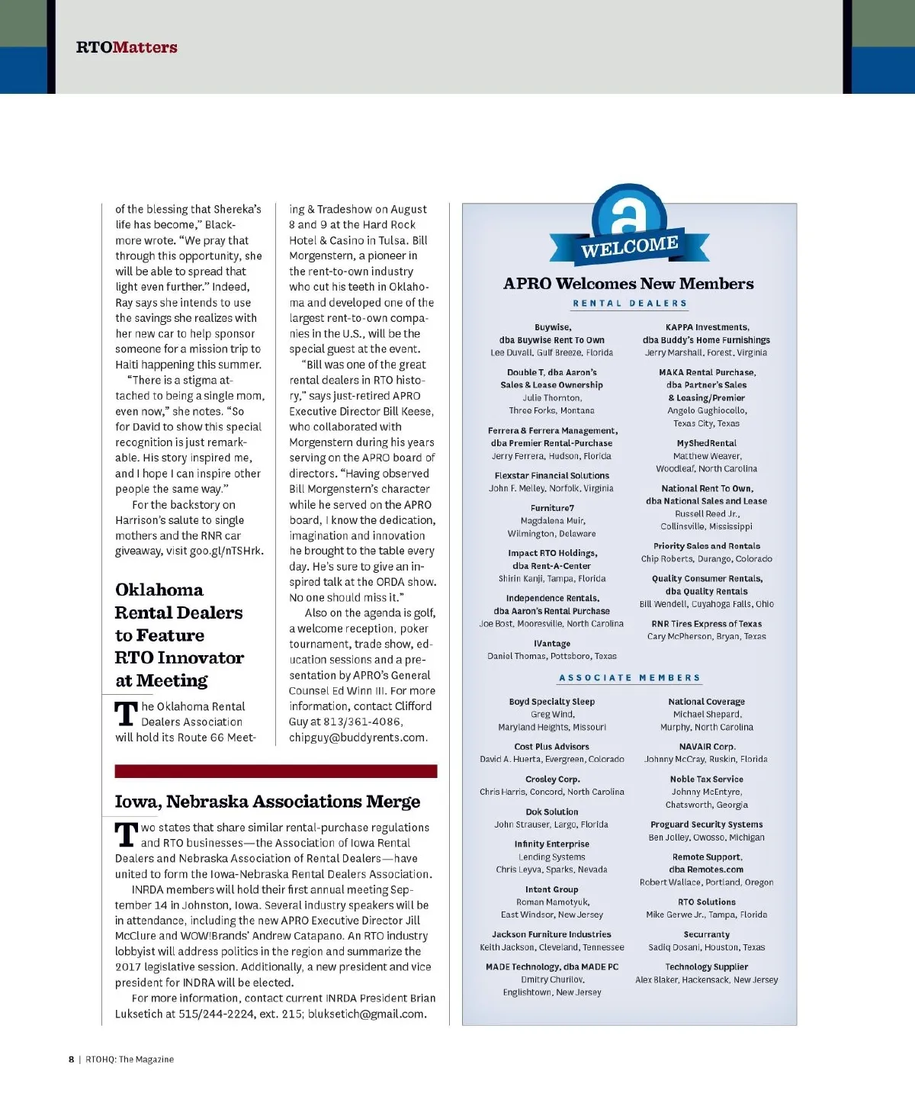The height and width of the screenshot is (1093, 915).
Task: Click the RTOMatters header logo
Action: (127, 47)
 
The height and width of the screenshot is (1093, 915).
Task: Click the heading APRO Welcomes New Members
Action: (628, 284)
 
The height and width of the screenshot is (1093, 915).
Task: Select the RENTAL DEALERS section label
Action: (630, 304)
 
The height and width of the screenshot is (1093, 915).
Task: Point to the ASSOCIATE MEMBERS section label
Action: (630, 678)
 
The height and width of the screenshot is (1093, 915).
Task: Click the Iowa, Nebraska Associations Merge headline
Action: (268, 802)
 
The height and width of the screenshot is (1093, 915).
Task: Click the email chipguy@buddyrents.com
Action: (358, 738)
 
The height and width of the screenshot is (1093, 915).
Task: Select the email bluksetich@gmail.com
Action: (366, 1014)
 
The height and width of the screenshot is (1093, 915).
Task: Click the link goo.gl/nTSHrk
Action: (226, 551)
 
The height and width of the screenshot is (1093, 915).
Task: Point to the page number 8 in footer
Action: (72, 1059)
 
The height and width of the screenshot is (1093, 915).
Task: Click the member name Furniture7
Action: (552, 508)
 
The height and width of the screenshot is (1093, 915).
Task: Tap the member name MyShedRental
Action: (706, 443)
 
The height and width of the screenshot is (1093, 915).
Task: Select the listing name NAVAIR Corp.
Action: (706, 747)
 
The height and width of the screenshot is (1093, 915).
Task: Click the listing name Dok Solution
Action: (551, 812)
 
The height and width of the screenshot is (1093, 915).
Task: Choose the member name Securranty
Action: (706, 934)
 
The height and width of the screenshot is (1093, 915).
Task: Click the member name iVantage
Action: (551, 644)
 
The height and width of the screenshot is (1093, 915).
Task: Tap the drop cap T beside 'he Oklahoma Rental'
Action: (126, 714)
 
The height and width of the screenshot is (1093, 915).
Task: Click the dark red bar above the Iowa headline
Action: (276, 771)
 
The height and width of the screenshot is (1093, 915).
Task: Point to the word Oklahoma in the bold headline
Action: (159, 590)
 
